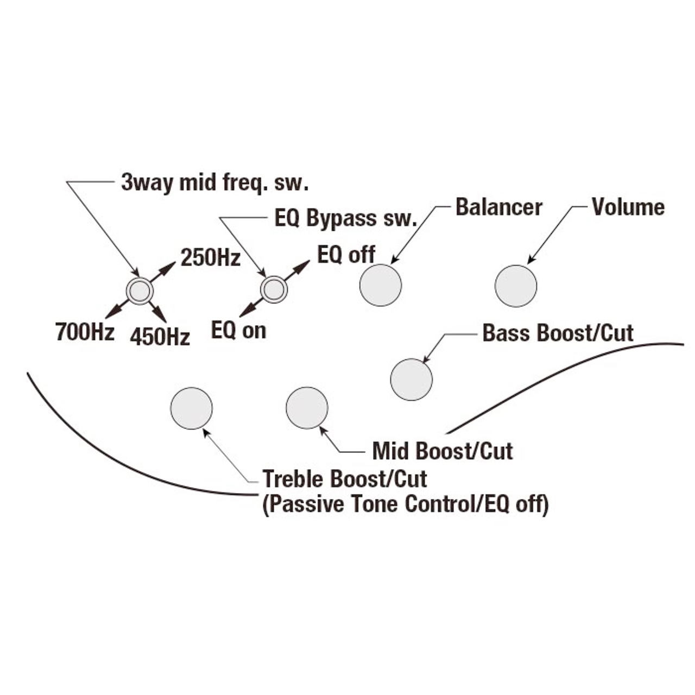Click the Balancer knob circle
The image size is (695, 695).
[381, 285]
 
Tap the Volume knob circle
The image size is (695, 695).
[516, 286]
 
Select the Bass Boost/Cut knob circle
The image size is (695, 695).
[412, 380]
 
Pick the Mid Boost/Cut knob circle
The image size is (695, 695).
[307, 408]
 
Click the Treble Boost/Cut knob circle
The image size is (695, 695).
[191, 408]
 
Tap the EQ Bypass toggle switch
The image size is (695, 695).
[274, 289]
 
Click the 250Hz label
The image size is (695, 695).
[211, 258]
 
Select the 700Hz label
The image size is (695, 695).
[85, 332]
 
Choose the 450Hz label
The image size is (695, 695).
[160, 337]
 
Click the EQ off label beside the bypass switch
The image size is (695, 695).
[346, 254]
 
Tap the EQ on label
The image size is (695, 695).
[238, 330]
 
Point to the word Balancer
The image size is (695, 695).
[498, 207]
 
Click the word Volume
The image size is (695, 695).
[628, 207]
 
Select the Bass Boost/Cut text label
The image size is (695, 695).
[558, 333]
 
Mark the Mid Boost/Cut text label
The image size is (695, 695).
[443, 451]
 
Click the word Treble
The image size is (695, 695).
[294, 479]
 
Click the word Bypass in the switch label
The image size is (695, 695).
[340, 218]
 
